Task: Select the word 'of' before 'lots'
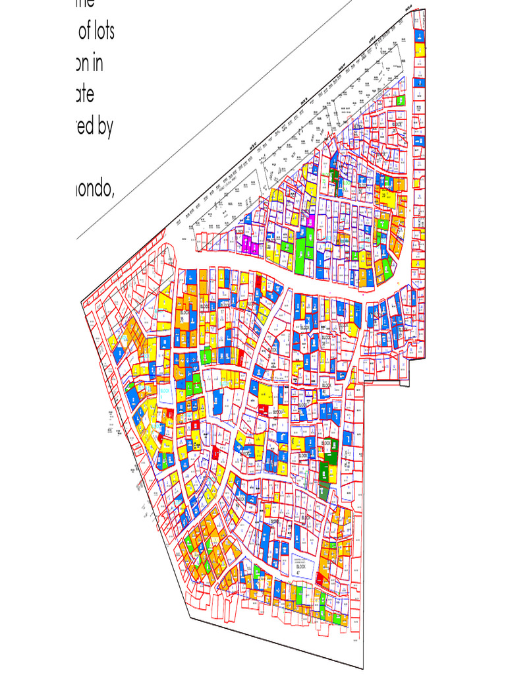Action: pos(84,31)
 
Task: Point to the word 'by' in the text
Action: pos(105,127)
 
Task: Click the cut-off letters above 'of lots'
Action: pos(85,3)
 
